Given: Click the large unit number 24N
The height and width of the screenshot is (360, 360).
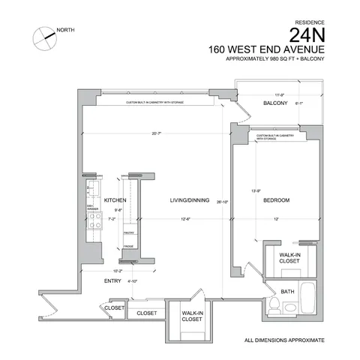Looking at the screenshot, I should point(310,35).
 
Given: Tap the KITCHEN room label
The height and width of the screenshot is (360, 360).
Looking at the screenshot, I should point(114,200).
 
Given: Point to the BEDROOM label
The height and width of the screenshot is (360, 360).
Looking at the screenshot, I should point(277,200).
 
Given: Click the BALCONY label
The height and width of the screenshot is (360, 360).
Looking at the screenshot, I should point(275,103).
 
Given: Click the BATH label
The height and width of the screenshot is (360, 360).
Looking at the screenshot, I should point(287,291).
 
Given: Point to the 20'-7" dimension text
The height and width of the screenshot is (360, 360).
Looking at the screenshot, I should point(156,133).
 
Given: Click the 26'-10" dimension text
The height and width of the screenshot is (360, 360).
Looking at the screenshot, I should point(221,201).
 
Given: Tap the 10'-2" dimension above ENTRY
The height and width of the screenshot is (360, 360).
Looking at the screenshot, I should point(117,270).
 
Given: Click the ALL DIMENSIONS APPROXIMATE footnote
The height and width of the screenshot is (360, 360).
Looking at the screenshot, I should point(285,340).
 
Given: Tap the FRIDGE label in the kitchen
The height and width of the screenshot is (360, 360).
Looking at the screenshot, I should point(128,246).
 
